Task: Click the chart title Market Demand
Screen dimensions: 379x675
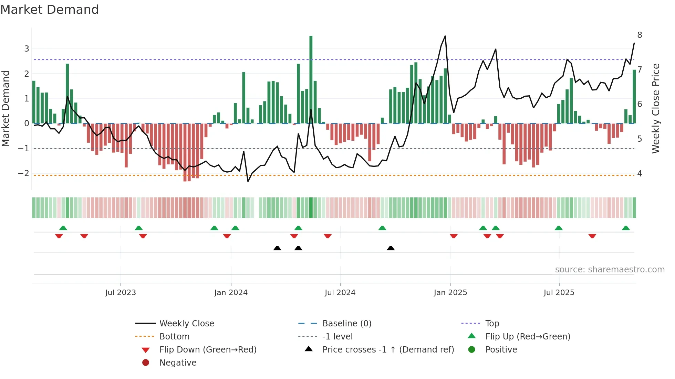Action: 50,10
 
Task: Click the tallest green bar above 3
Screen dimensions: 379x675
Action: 311,79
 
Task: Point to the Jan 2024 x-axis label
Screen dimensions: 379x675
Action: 231,293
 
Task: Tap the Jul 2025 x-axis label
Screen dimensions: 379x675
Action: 559,293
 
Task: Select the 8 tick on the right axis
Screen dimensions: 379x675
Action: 640,35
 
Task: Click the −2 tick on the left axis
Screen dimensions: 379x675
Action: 24,173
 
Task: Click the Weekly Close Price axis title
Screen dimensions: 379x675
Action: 656,108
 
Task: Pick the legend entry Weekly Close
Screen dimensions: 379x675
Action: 187,324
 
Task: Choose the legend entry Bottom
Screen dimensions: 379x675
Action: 174,337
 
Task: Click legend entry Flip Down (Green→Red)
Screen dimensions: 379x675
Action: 208,350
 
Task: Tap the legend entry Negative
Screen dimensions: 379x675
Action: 178,363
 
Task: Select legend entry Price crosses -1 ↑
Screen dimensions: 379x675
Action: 388,350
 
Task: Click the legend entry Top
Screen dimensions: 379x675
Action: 492,324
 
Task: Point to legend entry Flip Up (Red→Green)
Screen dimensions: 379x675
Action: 528,337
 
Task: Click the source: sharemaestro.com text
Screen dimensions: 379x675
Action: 610,270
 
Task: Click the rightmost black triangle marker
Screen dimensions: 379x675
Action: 391,248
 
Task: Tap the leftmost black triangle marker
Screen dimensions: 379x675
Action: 277,248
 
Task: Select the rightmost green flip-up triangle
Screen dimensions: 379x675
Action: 626,228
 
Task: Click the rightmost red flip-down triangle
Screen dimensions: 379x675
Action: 592,236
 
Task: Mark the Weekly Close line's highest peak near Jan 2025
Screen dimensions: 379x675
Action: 445,36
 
